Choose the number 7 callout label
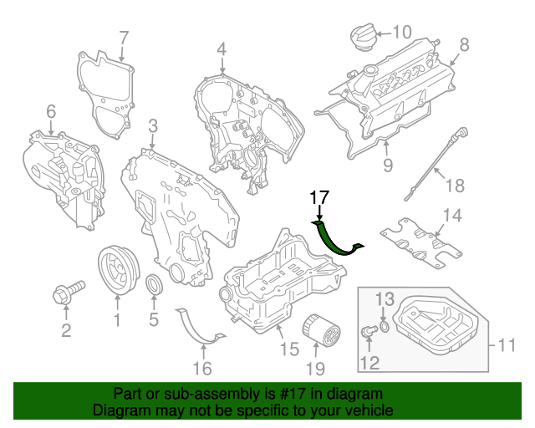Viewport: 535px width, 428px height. (124, 37)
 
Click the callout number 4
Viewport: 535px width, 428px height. (222, 51)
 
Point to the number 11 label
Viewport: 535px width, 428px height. (507, 344)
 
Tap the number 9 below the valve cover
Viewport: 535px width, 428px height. (387, 166)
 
